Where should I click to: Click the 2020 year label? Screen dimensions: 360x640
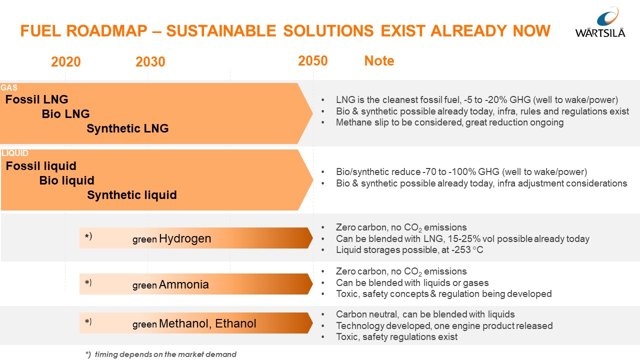66,62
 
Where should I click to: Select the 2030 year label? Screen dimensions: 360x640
150,62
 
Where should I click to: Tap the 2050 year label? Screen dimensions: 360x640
312,61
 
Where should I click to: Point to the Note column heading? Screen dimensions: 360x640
379,61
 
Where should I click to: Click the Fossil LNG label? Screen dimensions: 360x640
36,99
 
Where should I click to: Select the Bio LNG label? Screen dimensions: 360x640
65,114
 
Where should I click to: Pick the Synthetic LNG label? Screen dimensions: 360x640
127,128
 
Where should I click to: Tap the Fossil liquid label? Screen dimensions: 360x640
41,166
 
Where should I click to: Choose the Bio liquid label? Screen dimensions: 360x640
66,180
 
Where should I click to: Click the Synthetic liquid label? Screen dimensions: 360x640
131,195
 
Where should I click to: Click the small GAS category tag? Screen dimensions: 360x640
9,88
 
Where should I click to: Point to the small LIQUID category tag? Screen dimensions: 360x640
15,153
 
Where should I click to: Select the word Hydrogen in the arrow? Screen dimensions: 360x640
185,239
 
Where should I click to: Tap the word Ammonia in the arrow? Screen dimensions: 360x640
183,285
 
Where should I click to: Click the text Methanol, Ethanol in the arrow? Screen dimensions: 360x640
207,324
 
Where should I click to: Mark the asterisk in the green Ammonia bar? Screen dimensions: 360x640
87,283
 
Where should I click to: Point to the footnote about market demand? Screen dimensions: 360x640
160,354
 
